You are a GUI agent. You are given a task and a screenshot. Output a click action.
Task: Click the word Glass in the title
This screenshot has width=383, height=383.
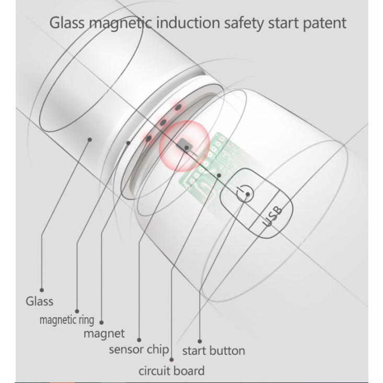pos(66,23)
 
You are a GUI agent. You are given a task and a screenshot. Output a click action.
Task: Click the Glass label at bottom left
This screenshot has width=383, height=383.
pos(39,301)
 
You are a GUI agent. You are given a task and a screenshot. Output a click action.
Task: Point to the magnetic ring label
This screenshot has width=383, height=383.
pos(67,320)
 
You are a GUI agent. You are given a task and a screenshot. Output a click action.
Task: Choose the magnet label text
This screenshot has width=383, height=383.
pos(104,333)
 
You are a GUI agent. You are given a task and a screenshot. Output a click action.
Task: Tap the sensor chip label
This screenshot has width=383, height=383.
pos(139,349)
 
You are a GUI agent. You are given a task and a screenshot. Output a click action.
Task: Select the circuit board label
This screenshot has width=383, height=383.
pos(171,371)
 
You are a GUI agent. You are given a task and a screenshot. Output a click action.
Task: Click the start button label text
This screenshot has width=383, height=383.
pos(213,350)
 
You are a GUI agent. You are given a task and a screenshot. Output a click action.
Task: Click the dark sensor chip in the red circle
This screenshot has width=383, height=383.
pos(184,144)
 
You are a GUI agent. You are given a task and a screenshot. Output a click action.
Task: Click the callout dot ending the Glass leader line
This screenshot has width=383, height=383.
pos(41,289)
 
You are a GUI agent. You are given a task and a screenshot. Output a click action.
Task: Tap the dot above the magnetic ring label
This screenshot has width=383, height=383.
pos(77,310)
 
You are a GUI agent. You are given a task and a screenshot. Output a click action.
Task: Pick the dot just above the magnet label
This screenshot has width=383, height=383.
pos(101,322)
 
